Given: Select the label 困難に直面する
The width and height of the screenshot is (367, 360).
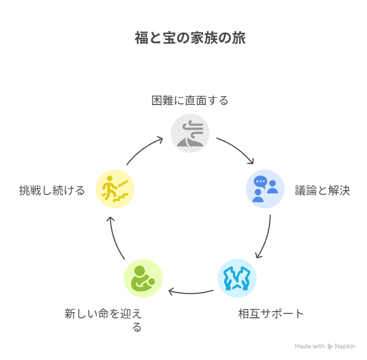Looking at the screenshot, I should coord(190,101).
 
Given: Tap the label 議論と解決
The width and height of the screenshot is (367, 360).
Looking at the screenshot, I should coord(323,191).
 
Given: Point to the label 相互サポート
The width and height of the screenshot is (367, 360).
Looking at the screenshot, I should coord(271,313).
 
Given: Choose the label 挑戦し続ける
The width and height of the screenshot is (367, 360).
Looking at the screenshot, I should coord(52,191).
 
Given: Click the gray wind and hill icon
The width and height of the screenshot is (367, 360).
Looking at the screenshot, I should coord(190,134).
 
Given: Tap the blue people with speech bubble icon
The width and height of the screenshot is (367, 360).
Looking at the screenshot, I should coord(265,189).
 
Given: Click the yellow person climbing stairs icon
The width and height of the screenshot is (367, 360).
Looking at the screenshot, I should coord(115,189).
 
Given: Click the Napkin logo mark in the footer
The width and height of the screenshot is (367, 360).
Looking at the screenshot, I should coord(330,346).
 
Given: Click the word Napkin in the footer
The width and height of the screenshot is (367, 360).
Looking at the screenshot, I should coord(345,346).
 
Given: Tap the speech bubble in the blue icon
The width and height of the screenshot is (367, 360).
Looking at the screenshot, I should coord(260,182).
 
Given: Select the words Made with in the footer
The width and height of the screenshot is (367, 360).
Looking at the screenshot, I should coord(310,346).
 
